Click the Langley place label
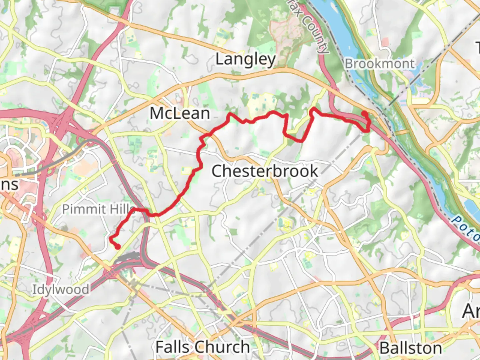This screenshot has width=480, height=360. (x=246, y=60)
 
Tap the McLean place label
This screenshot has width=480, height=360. (x=180, y=113)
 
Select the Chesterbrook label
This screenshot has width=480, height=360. (x=265, y=171)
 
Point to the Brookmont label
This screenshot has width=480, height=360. (x=379, y=63)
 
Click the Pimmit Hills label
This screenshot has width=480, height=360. (x=99, y=209)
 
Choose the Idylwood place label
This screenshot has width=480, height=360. (x=61, y=289)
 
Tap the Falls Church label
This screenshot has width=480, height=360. (x=203, y=347)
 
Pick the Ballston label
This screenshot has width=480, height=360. (x=411, y=348)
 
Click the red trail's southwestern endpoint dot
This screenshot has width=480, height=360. (x=118, y=247)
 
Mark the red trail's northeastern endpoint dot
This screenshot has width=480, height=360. (x=365, y=114)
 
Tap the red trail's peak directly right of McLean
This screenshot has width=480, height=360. (x=230, y=115)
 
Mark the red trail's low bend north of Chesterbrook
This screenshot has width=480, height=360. (x=300, y=141)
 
